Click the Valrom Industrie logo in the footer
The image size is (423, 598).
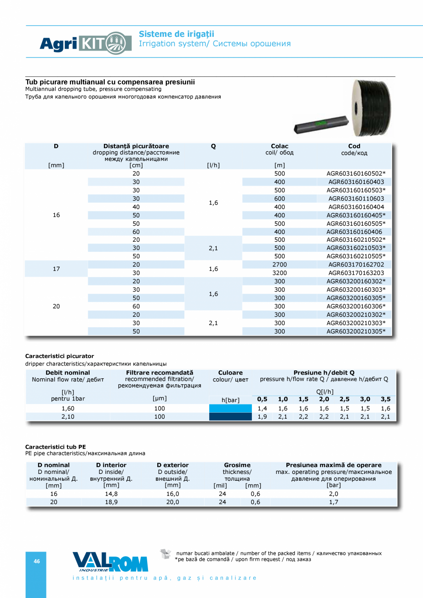(110, 562)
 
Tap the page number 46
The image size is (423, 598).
(37, 561)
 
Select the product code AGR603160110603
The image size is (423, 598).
(356, 199)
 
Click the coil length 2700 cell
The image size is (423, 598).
(280, 264)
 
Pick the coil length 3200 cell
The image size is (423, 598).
(280, 273)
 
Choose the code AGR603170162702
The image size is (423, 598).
(356, 264)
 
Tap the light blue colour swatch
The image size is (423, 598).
(230, 408)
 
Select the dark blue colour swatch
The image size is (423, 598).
(230, 417)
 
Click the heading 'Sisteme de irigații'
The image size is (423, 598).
(177, 34)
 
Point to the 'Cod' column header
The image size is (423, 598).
(354, 146)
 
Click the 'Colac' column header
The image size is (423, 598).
(280, 146)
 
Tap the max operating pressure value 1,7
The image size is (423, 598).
(333, 502)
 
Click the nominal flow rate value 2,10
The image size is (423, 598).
(68, 417)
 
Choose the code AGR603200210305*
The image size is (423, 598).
(356, 331)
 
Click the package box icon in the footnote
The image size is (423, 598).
(166, 554)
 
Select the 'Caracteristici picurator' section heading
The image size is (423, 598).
(59, 356)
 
